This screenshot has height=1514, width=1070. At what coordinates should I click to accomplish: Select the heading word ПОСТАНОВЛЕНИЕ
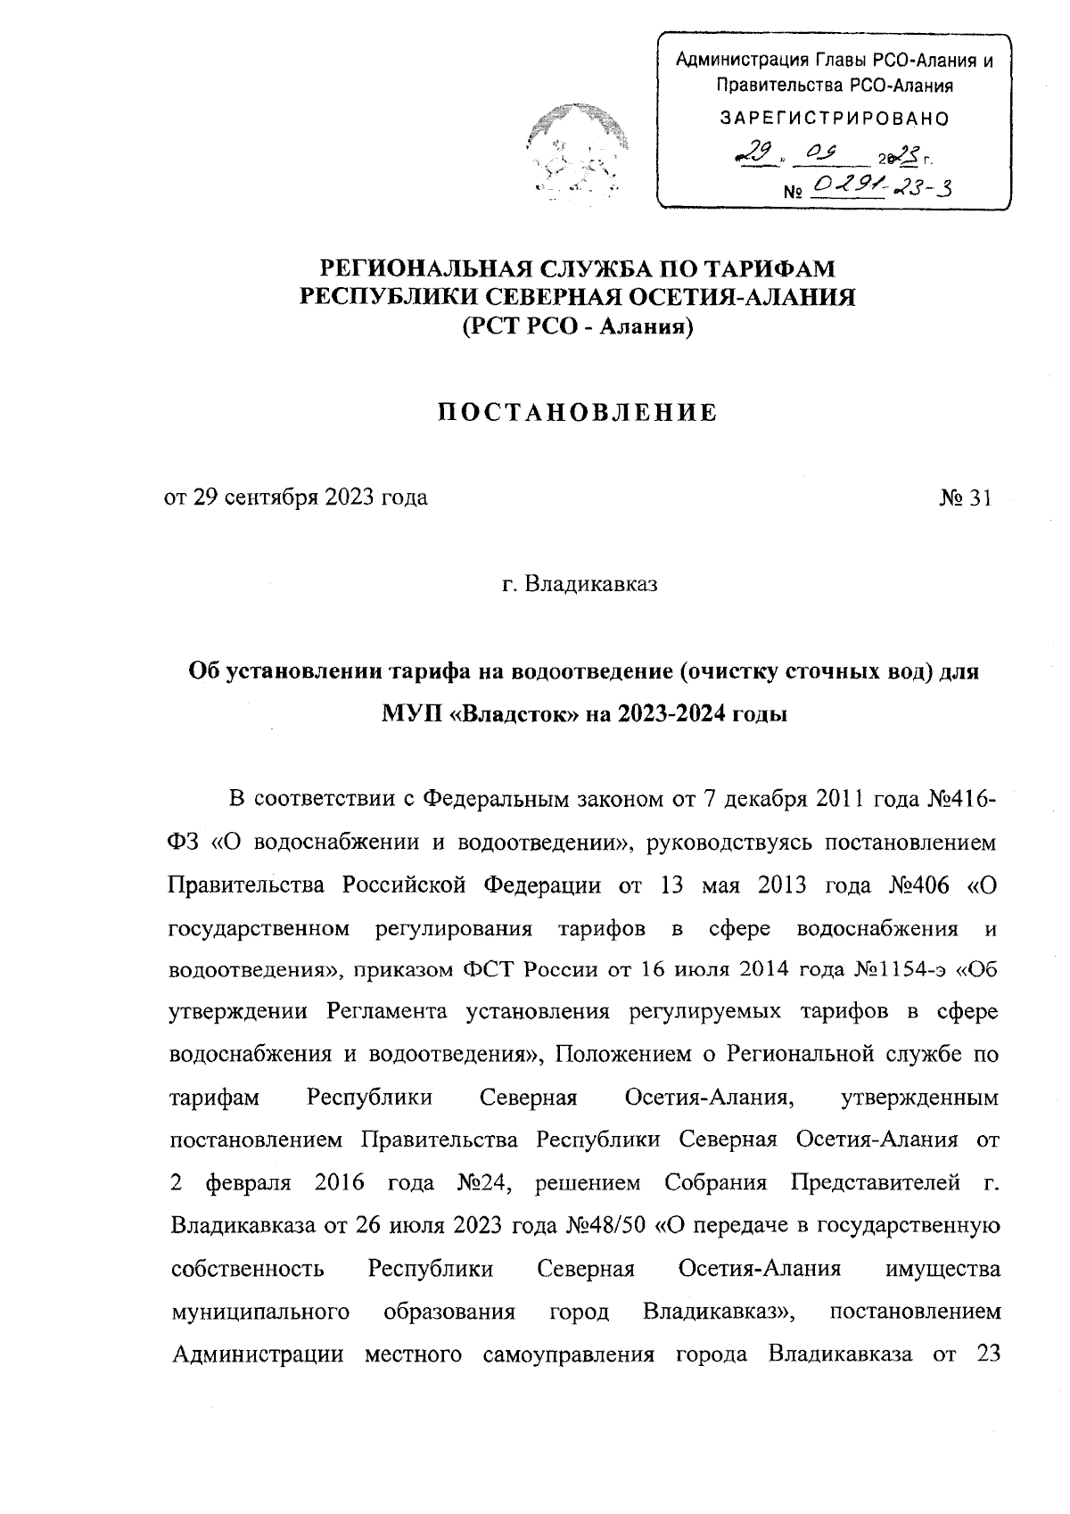tap(578, 413)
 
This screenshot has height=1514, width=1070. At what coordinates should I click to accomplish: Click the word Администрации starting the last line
tap(257, 1355)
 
